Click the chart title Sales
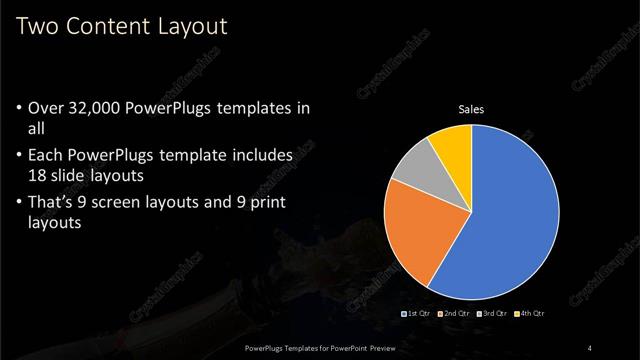(x=471, y=110)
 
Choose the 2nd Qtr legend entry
(x=454, y=314)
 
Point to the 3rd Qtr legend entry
(x=493, y=314)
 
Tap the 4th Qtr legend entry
(x=531, y=314)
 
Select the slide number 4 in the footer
(x=591, y=347)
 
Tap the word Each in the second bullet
(x=47, y=156)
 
